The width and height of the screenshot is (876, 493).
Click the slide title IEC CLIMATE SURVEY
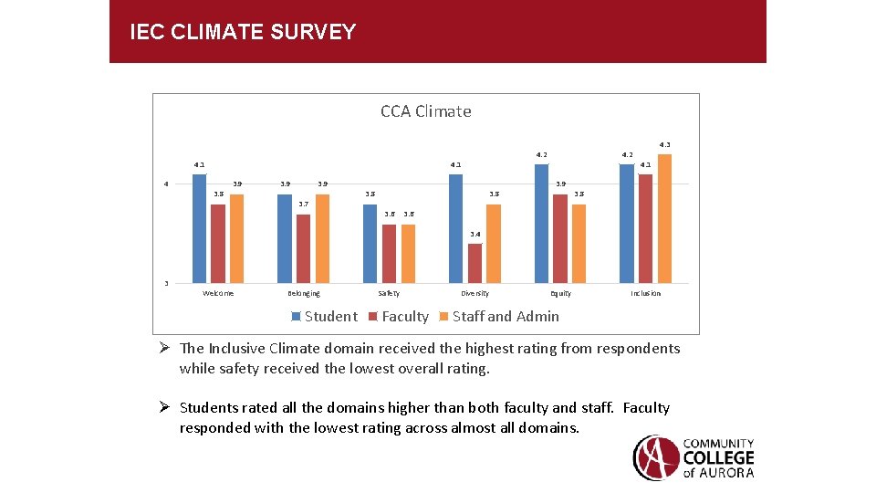[243, 33]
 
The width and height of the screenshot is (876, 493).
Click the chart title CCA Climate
[426, 111]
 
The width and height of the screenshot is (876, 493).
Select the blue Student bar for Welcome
[199, 228]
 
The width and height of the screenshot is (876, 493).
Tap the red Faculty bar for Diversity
[474, 263]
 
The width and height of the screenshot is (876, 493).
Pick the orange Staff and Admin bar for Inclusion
[664, 219]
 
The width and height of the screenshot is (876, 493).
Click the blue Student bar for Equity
[541, 224]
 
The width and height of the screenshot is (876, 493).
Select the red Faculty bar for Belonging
[303, 248]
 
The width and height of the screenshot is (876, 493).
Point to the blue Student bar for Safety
[370, 243]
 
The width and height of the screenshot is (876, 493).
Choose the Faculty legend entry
[399, 317]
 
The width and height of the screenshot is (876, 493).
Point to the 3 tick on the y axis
[166, 283]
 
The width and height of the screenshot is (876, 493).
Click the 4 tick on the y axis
[166, 184]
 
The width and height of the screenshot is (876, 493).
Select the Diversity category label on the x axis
[474, 294]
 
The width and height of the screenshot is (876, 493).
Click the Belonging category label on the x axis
[303, 294]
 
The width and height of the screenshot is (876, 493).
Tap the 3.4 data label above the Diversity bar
[474, 235]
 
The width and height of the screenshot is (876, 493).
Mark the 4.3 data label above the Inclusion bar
[664, 144]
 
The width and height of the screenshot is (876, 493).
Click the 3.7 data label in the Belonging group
[303, 205]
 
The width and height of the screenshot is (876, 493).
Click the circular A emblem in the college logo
[655, 457]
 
